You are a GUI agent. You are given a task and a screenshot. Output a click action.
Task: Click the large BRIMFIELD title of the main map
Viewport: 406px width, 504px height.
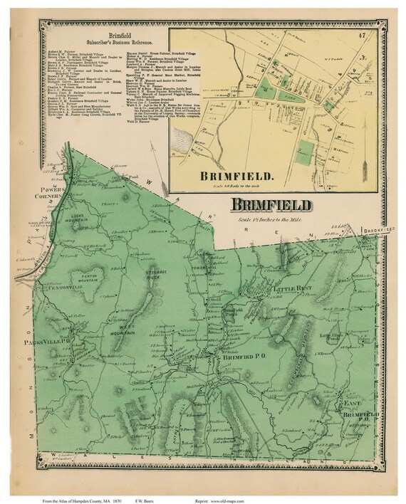click(270, 206)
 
